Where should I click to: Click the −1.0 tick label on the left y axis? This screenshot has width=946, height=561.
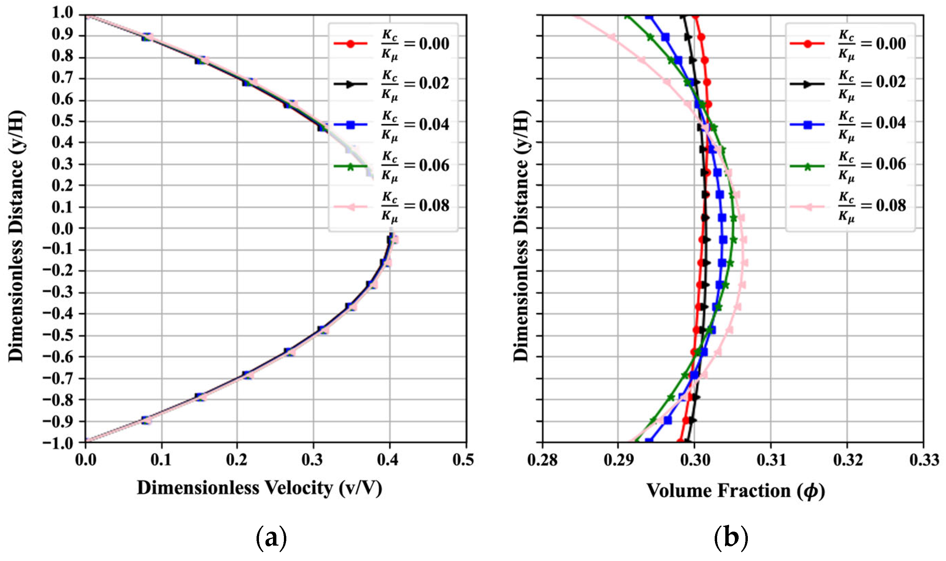(57, 443)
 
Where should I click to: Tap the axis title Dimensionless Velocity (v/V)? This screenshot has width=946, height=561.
(259, 488)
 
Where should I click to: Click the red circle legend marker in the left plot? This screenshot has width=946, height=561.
(351, 44)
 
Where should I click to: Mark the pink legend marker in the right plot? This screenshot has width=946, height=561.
(808, 206)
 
